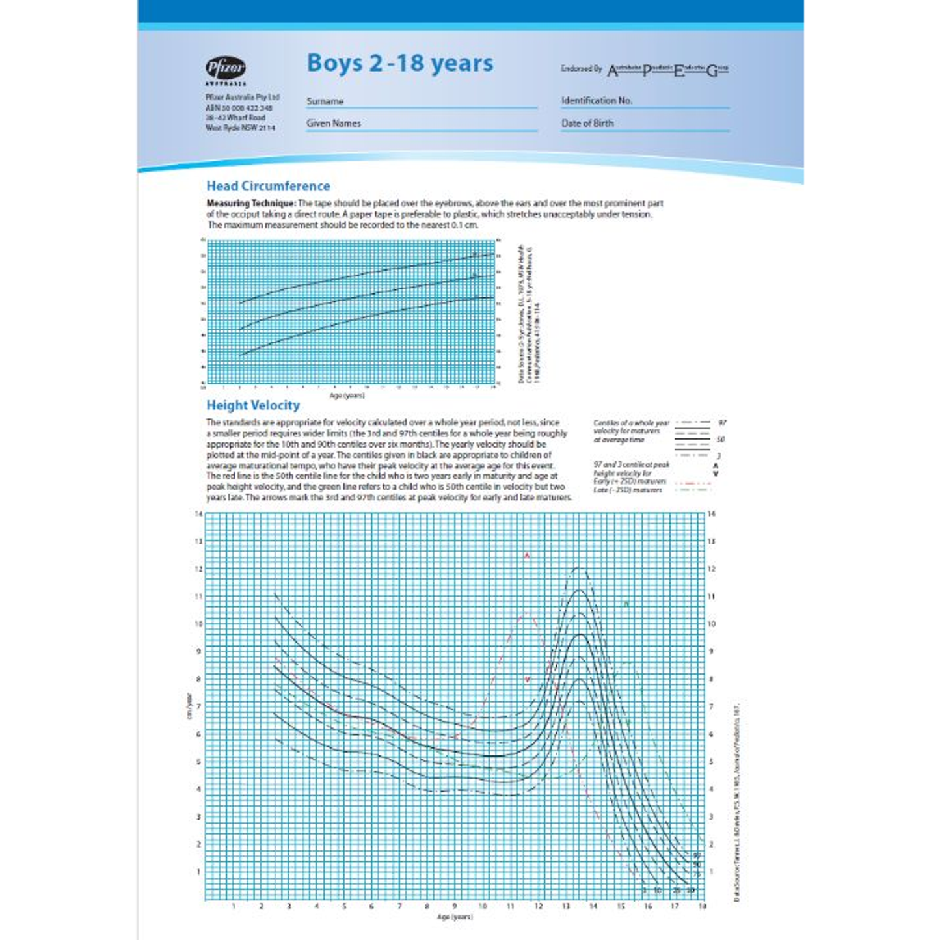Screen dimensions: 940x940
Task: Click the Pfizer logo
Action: point(226,68)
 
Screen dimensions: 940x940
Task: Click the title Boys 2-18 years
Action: point(399,63)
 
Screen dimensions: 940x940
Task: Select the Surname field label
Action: point(325,101)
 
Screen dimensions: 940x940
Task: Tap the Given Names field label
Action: point(333,123)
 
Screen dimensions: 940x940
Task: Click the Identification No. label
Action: point(597,101)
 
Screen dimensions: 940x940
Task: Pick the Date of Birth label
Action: point(587,123)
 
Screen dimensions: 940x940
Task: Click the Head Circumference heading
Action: point(268,186)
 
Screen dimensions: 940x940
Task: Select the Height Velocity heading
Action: point(253,405)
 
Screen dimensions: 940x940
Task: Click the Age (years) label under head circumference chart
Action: point(347,396)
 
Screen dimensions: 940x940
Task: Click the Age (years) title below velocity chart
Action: point(455,917)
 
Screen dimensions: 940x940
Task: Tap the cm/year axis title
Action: point(189,706)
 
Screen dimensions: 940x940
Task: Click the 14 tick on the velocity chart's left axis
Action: point(198,514)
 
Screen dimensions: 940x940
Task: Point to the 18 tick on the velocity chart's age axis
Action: point(702,906)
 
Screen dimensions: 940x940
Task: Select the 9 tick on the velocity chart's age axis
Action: point(455,906)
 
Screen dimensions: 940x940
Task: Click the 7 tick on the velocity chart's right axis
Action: point(711,706)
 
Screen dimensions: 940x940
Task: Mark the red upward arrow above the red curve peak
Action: point(527,556)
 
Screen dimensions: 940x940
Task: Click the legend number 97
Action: point(722,423)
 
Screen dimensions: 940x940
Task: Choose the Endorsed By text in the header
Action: point(581,68)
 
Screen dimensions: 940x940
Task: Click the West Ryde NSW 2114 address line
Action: point(240,128)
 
